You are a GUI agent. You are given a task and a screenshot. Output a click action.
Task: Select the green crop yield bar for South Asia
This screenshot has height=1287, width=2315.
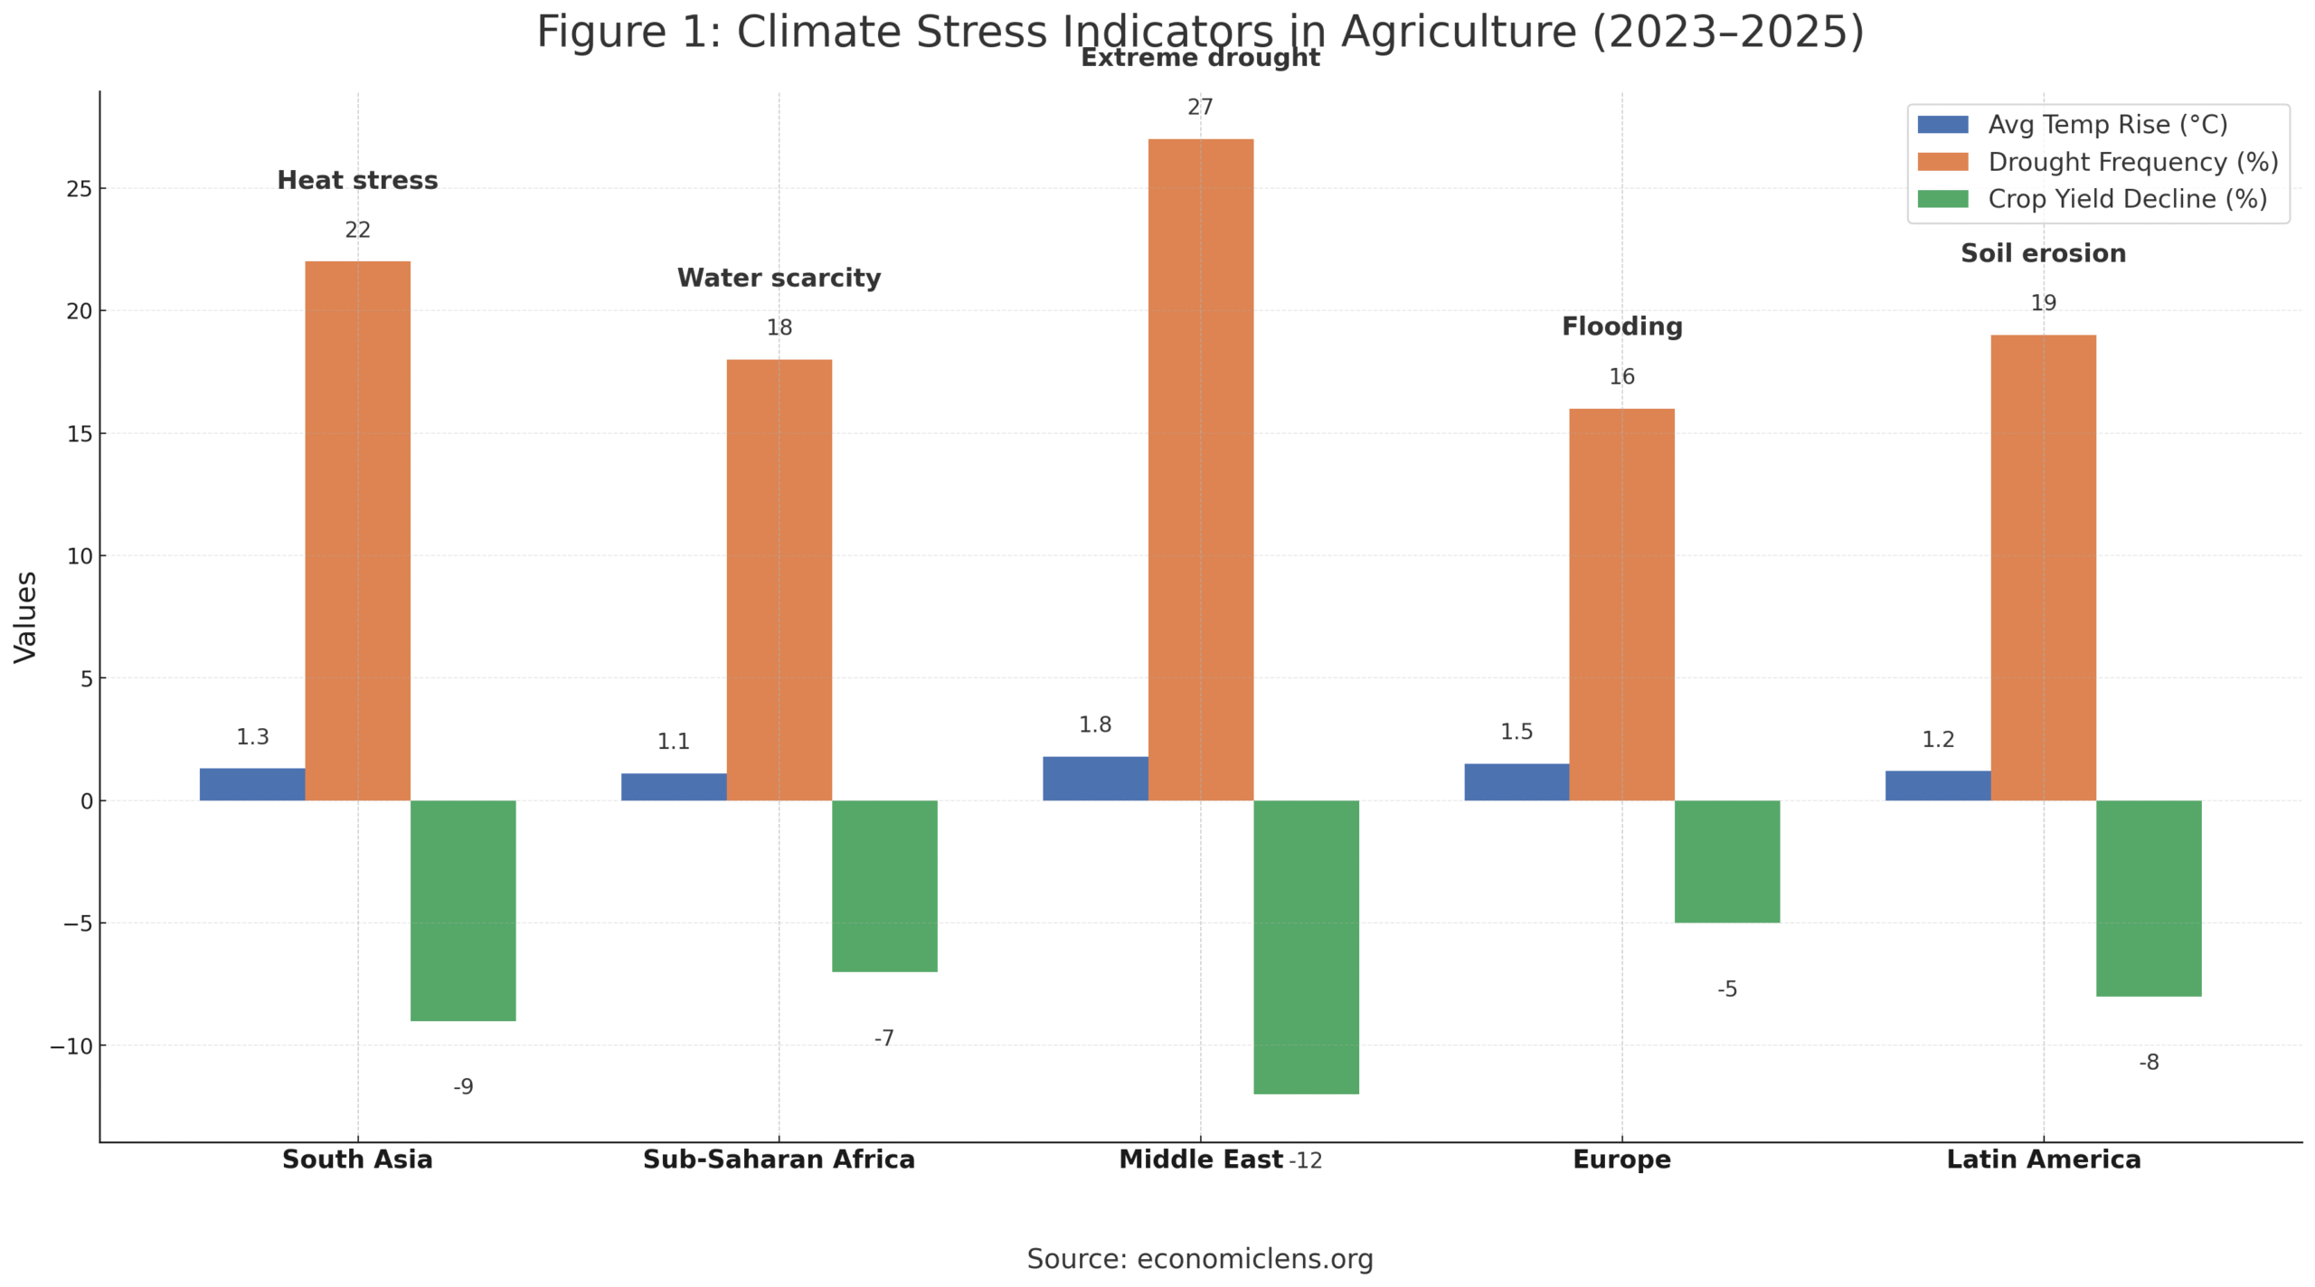pos(463,910)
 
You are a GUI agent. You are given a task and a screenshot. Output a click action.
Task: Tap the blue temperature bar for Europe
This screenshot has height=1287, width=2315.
pos(1516,781)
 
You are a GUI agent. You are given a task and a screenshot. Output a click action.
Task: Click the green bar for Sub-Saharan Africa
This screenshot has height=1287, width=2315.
pos(883,885)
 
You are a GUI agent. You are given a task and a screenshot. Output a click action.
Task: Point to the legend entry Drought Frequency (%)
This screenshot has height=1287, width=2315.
pos(2132,162)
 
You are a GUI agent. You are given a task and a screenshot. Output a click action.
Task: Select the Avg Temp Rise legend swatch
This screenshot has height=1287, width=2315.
pos(1942,125)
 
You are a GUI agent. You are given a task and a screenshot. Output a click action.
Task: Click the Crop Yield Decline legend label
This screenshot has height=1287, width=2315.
pos(2127,199)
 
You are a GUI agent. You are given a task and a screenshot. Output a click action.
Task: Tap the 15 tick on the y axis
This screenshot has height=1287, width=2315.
pos(80,434)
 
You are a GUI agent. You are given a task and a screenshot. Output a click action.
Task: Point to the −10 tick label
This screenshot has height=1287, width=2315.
pos(72,1046)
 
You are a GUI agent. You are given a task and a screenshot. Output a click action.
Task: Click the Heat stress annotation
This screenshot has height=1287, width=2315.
pos(357,180)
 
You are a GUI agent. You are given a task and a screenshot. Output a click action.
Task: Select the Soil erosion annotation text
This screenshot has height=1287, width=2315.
pos(2043,253)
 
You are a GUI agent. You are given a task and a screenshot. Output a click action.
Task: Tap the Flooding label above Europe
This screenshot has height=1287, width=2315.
pos(1621,326)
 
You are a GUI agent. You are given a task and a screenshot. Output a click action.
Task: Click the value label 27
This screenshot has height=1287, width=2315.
pos(1200,108)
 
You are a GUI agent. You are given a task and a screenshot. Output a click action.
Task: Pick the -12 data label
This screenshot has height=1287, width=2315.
pos(1305,1160)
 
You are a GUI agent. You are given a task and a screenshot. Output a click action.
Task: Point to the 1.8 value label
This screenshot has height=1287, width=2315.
pos(1094,724)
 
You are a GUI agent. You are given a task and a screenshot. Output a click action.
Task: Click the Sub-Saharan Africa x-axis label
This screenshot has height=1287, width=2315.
pos(779,1159)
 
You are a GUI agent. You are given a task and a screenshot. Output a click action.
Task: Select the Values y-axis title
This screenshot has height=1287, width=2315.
pos(25,617)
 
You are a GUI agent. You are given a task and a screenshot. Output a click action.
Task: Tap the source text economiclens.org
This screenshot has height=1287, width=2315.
pos(1254,1258)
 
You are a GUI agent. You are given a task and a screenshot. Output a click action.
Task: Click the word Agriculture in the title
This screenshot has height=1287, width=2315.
pos(1459,32)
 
